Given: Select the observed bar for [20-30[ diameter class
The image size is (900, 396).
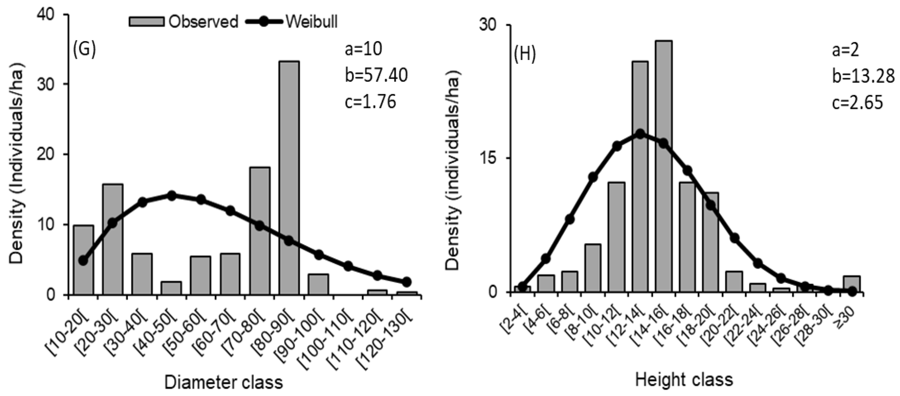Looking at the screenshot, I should point(112,241).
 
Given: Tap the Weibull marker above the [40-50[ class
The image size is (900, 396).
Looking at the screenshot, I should point(171,196).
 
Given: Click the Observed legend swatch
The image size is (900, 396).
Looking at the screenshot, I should point(146,22).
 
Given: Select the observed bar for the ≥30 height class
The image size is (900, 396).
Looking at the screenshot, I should point(851,284).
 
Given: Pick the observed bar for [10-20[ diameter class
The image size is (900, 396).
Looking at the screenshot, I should point(83,260).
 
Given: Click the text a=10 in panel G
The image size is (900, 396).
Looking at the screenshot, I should point(363,50).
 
